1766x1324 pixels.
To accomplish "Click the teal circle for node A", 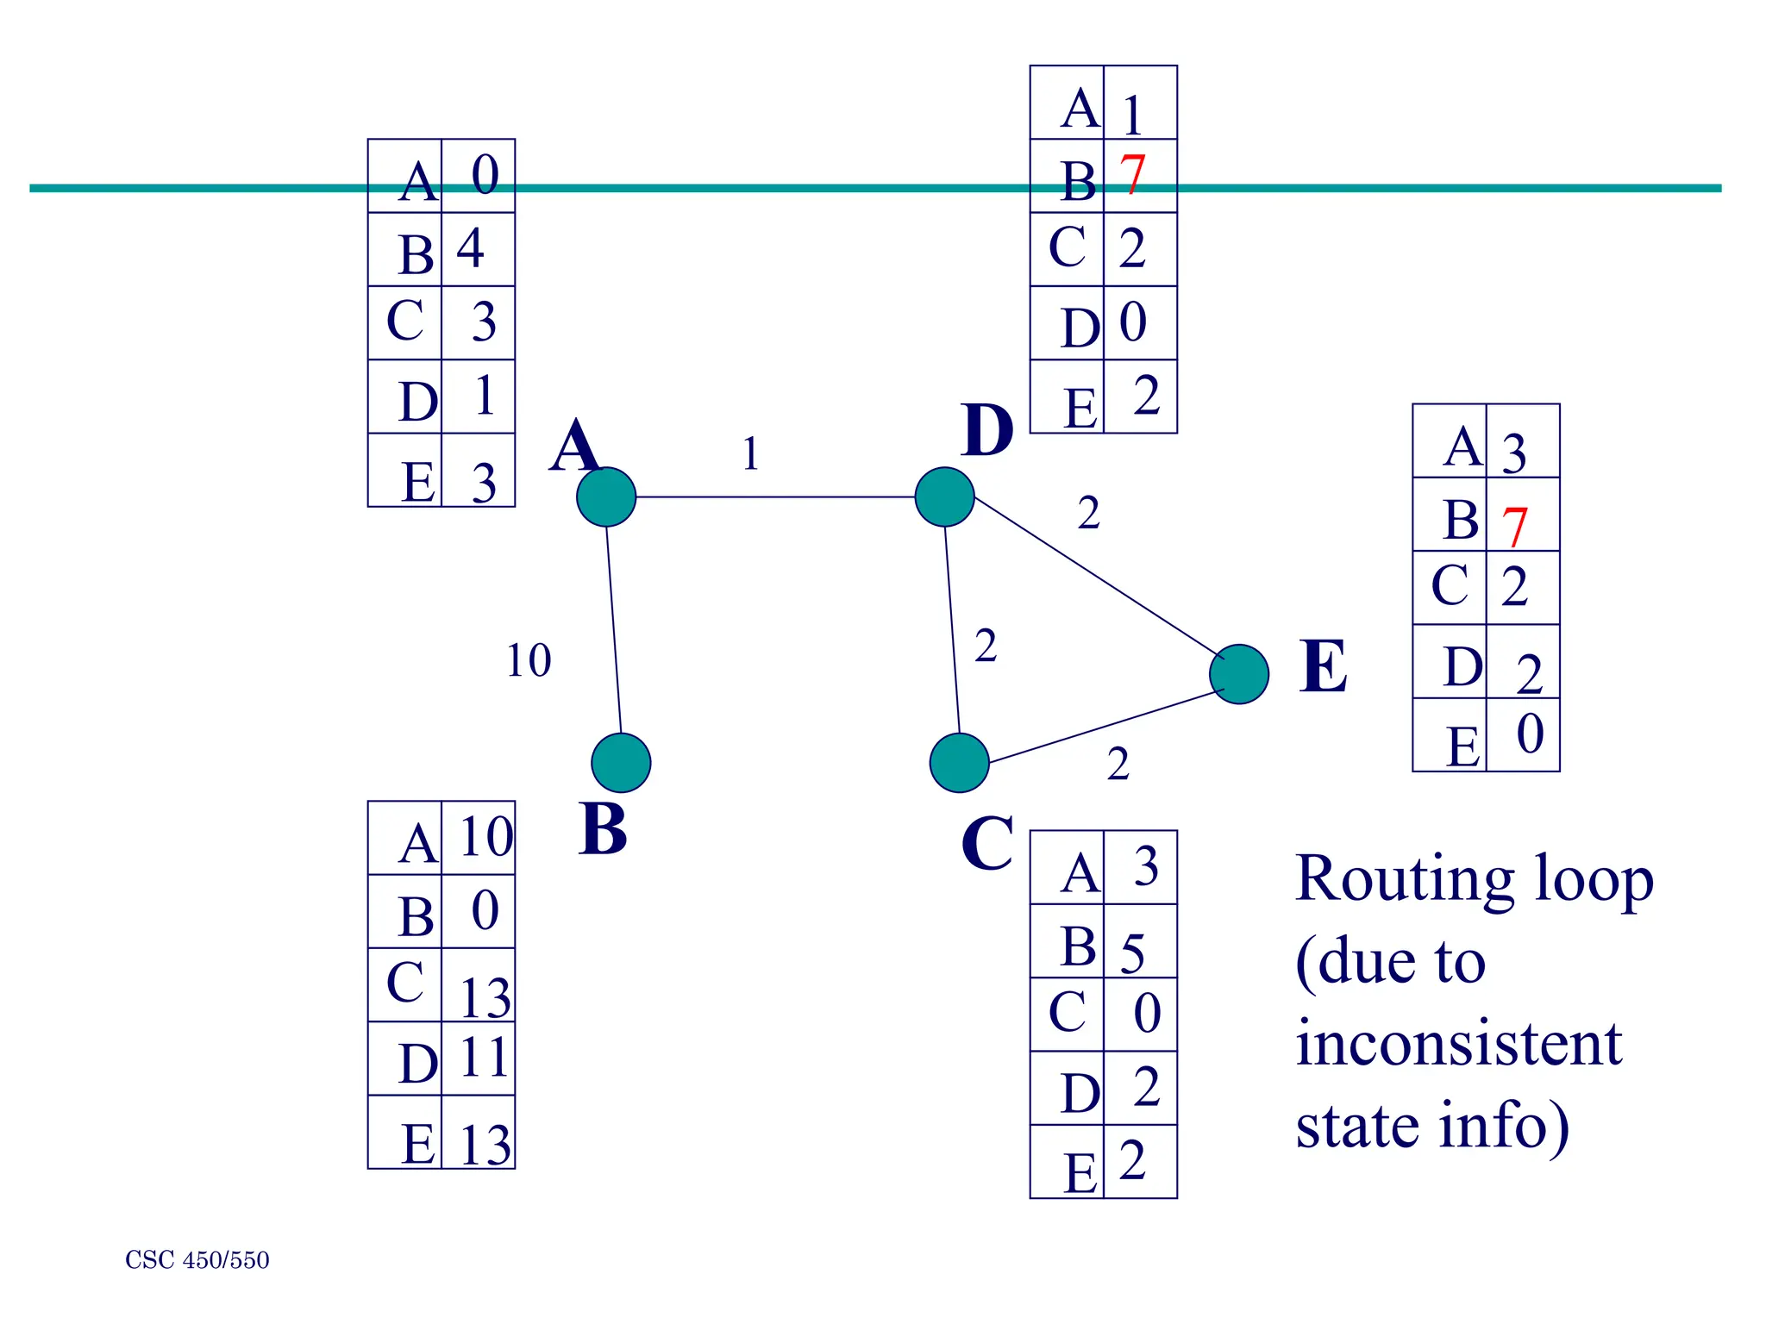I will pyautogui.click(x=606, y=496).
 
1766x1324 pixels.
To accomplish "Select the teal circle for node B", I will pyautogui.click(x=621, y=762).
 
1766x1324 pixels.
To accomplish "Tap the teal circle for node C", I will pyautogui.click(x=959, y=762).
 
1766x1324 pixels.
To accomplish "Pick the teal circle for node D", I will pyautogui.click(x=944, y=496).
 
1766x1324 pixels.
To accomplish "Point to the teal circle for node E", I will pyautogui.click(x=1239, y=673).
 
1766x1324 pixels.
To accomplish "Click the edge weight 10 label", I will pyautogui.click(x=528, y=661).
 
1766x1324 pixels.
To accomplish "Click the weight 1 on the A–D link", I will pyautogui.click(x=750, y=453).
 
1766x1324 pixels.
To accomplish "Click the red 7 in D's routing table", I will pyautogui.click(x=1132, y=174).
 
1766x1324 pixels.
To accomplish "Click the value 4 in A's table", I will pyautogui.click(x=470, y=248).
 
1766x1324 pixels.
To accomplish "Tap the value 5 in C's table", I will pyautogui.click(x=1133, y=952).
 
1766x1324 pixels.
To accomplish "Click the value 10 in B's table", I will pyautogui.click(x=485, y=836).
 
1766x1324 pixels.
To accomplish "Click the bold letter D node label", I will pyautogui.click(x=986, y=430).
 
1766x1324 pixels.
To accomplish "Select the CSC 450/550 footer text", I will pyautogui.click(x=197, y=1260).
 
